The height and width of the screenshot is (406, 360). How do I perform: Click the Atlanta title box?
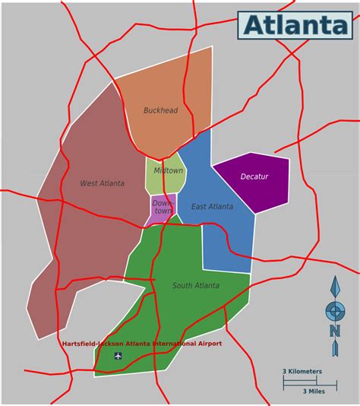click(295, 24)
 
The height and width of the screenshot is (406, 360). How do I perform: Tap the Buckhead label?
click(160, 110)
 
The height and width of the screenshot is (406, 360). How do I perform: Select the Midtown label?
click(168, 170)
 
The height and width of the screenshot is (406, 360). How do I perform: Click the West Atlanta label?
click(102, 183)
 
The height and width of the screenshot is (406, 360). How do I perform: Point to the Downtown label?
click(163, 207)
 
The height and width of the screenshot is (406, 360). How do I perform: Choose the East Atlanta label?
click(212, 207)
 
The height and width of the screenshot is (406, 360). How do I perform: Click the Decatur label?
click(254, 176)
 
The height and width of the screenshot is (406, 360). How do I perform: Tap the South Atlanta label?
click(195, 285)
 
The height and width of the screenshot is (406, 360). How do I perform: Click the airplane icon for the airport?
click(118, 355)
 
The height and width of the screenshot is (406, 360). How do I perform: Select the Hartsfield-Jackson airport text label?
click(141, 344)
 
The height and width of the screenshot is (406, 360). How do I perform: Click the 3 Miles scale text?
click(314, 391)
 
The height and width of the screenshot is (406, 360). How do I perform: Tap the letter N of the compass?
click(334, 330)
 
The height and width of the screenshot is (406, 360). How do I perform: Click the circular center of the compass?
click(334, 311)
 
